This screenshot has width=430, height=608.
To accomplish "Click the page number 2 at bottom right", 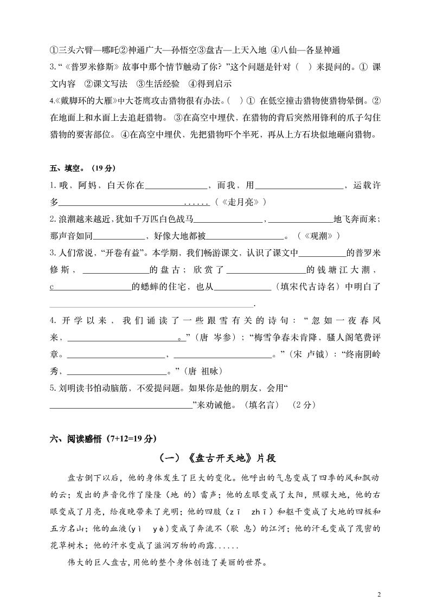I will click(x=379, y=594).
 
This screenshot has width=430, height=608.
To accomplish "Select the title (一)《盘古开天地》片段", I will click(x=217, y=458).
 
